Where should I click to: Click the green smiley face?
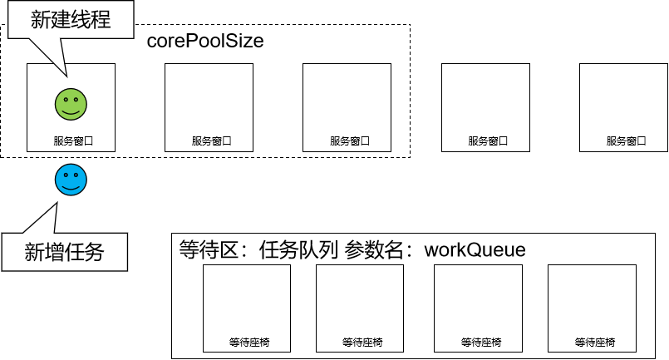click(x=71, y=103)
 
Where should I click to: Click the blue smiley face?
click(x=71, y=180)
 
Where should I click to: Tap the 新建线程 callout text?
click(x=71, y=20)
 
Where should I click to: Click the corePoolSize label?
click(x=205, y=41)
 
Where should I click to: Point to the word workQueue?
click(x=475, y=249)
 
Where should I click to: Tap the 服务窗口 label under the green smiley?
click(x=71, y=141)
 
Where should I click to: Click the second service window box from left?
click(x=209, y=107)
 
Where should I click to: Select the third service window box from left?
click(x=347, y=107)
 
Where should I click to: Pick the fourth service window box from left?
click(x=485, y=107)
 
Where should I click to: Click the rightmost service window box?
click(x=623, y=107)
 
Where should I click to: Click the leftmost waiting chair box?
click(x=247, y=308)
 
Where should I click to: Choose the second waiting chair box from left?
click(x=360, y=308)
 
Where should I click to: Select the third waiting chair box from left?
click(x=478, y=308)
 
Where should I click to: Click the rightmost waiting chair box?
click(x=592, y=308)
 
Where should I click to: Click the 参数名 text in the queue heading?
click(x=380, y=249)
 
